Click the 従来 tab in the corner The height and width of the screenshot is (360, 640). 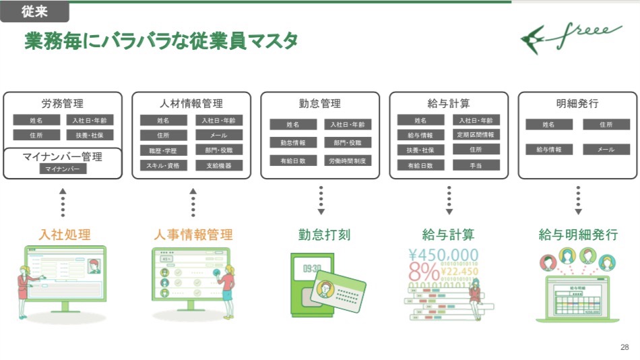34,11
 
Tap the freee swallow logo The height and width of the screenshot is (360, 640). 571,37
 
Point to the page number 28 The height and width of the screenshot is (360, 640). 624,348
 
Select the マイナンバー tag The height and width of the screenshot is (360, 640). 63,169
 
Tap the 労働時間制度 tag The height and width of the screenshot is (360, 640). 347,161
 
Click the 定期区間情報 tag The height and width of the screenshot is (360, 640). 476,135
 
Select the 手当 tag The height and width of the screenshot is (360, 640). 476,164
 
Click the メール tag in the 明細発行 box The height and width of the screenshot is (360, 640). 606,150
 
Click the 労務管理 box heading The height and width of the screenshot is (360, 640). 63,104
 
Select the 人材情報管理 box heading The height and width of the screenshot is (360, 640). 191,104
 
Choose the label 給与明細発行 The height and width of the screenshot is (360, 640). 578,235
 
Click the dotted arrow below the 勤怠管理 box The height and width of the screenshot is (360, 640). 321,200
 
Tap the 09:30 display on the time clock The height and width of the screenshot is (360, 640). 312,268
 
